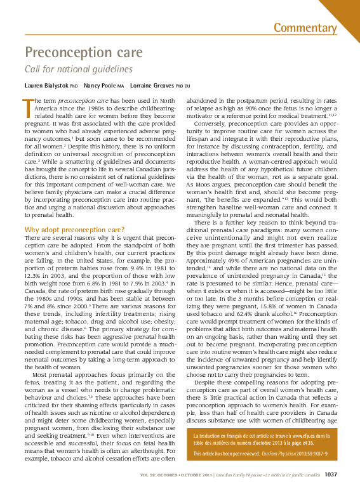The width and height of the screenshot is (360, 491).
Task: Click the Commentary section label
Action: click(x=305, y=27)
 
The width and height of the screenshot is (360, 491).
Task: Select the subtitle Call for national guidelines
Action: click(x=78, y=69)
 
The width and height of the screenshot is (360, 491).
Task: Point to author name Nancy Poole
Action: click(x=103, y=84)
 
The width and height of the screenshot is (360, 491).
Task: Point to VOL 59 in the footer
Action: click(x=149, y=475)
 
